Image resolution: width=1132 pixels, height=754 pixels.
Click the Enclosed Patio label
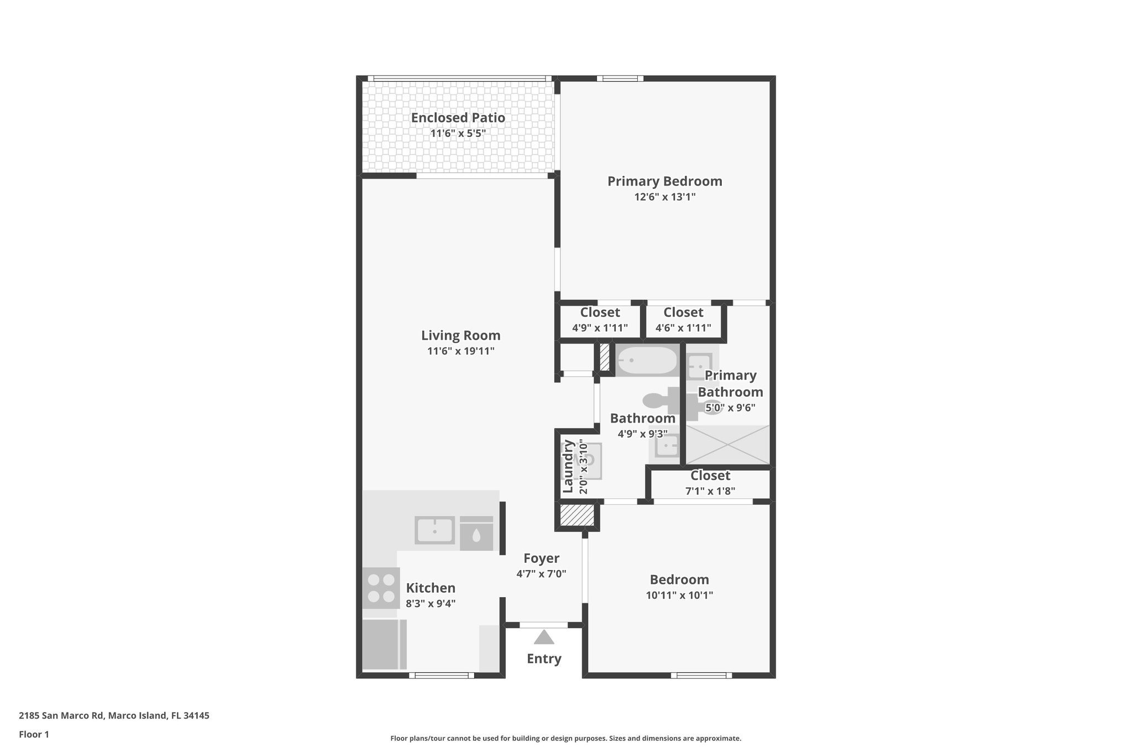(458, 118)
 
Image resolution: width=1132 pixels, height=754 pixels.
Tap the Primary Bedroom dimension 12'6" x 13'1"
(664, 197)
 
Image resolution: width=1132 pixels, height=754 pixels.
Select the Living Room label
(460, 335)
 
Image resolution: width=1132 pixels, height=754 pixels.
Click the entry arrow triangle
(544, 637)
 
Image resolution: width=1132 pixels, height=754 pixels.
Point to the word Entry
(544, 658)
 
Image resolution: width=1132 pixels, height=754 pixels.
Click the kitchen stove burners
(381, 588)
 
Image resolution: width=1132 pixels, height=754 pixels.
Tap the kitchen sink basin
(435, 530)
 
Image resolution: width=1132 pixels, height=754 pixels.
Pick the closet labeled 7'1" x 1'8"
(710, 483)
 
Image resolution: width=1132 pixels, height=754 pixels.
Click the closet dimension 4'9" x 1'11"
(600, 328)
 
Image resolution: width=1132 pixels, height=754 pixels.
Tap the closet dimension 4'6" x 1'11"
(683, 328)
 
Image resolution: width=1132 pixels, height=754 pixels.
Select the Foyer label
(541, 558)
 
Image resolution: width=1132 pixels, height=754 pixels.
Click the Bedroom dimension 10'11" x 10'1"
(679, 595)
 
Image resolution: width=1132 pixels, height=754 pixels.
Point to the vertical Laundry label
(568, 466)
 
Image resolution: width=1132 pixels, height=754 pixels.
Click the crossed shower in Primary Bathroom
(727, 444)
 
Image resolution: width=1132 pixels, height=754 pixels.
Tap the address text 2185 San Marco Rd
(61, 715)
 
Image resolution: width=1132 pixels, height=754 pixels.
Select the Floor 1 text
(34, 734)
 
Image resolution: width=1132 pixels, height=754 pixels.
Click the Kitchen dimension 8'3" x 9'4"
(431, 604)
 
